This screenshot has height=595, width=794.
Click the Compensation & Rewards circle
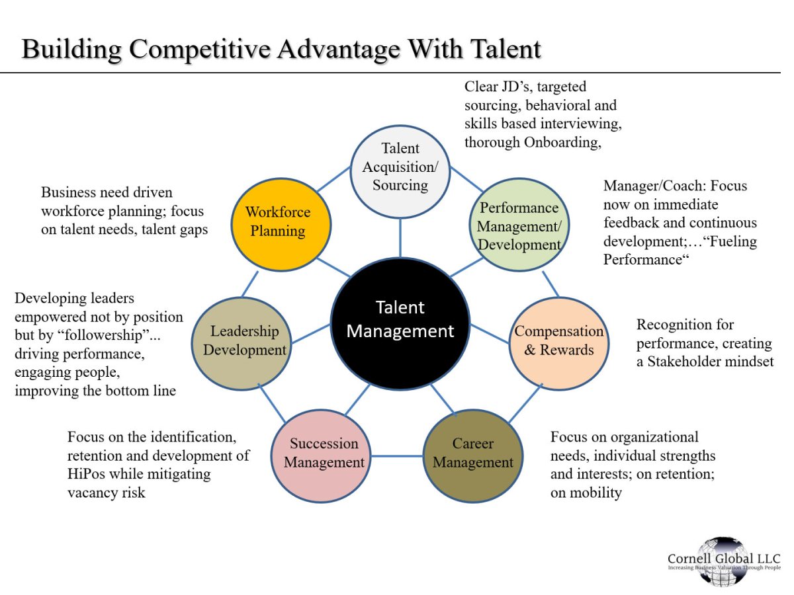559,340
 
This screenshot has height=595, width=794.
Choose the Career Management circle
472,453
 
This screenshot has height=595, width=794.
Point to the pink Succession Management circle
324,453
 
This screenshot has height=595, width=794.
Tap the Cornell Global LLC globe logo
724,561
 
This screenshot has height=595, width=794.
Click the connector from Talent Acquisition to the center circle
400,238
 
